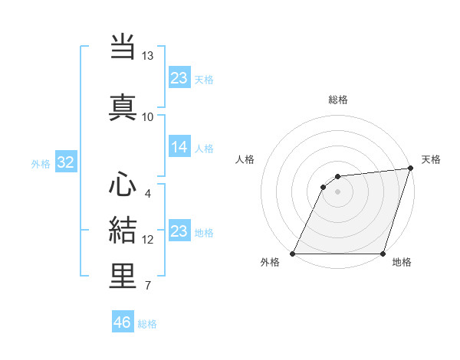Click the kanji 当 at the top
click(123, 47)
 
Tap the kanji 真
click(123, 106)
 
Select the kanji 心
click(123, 185)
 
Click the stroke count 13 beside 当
click(147, 56)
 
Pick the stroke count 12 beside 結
click(148, 240)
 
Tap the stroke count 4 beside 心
click(147, 193)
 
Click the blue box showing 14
click(179, 147)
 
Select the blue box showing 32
click(65, 162)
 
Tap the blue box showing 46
click(123, 322)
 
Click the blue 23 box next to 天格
click(179, 77)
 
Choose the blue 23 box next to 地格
click(179, 231)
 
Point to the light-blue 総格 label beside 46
click(147, 324)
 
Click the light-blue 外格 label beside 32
click(41, 163)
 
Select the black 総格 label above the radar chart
click(337, 100)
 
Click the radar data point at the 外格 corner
click(293, 254)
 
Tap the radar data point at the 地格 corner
click(383, 254)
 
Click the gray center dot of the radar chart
click(337, 191)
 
